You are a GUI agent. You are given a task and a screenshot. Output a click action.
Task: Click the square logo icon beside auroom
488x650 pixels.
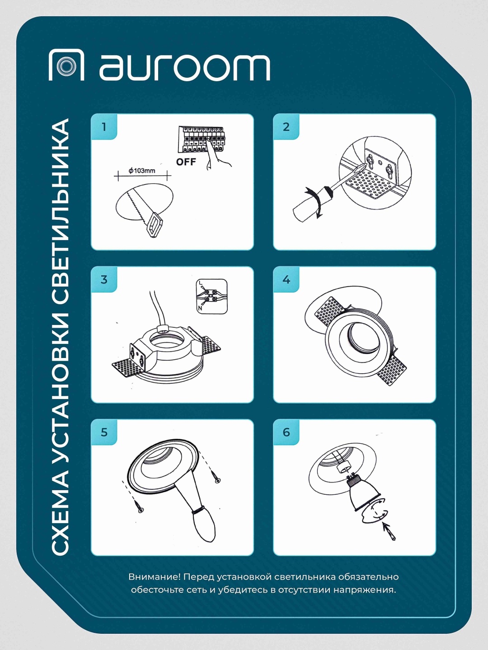click(66, 65)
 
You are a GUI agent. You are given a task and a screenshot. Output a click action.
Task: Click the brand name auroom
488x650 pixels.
click(185, 68)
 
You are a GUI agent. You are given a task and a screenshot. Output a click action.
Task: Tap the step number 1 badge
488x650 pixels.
click(104, 127)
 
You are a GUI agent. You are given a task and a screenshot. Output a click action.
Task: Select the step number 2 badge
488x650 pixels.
click(286, 127)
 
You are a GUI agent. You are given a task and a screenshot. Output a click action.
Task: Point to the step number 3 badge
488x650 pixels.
click(104, 279)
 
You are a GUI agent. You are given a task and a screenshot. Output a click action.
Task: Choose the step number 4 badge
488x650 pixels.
click(286, 279)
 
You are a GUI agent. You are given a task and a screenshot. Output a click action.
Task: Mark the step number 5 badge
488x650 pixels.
click(104, 432)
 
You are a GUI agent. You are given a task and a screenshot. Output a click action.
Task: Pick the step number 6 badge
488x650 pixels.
click(286, 432)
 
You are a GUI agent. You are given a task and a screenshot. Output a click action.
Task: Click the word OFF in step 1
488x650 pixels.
click(186, 162)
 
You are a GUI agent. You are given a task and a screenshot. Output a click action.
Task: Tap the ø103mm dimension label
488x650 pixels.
click(142, 171)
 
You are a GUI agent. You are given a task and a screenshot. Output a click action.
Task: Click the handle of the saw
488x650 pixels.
click(155, 225)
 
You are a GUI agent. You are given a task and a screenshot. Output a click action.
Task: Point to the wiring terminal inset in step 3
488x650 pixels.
click(212, 296)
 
